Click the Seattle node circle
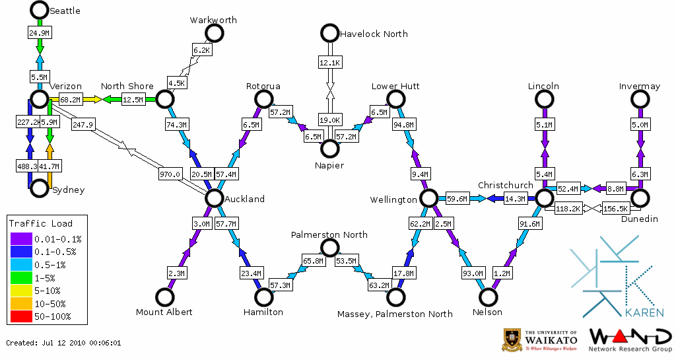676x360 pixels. pyautogui.click(x=39, y=10)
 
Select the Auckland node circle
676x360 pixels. pyautogui.click(x=214, y=198)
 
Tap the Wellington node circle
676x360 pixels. pyautogui.click(x=428, y=198)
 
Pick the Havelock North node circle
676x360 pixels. pyautogui.click(x=329, y=33)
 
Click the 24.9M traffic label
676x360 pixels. pyautogui.click(x=39, y=32)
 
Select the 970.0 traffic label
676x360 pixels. pyautogui.click(x=170, y=174)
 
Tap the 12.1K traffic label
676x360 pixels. pyautogui.click(x=329, y=63)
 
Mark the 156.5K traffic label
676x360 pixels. pyautogui.click(x=615, y=209)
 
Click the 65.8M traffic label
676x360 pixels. pyautogui.click(x=314, y=261)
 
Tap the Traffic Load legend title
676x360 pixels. pyautogui.click(x=41, y=223)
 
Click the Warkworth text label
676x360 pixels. pyautogui.click(x=213, y=20)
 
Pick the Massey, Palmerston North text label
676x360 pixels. pyautogui.click(x=395, y=313)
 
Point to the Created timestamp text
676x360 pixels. pyautogui.click(x=63, y=343)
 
